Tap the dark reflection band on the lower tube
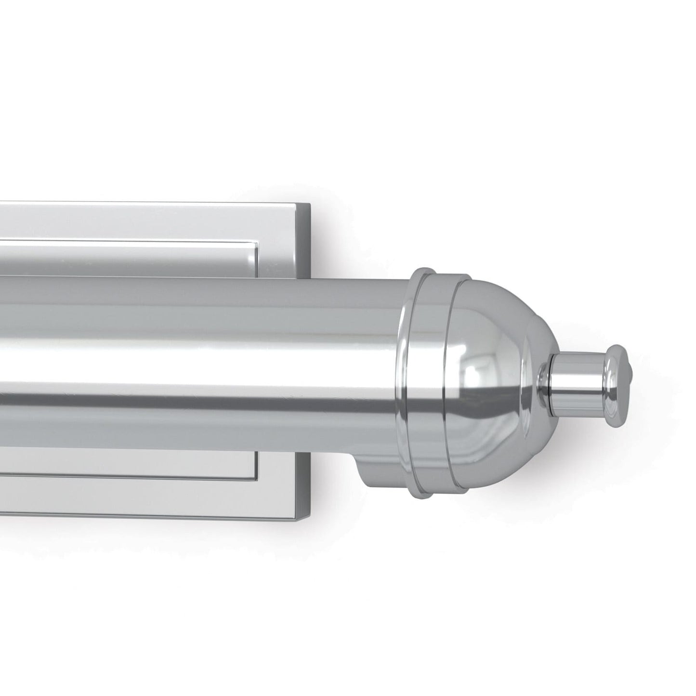click(193, 402)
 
